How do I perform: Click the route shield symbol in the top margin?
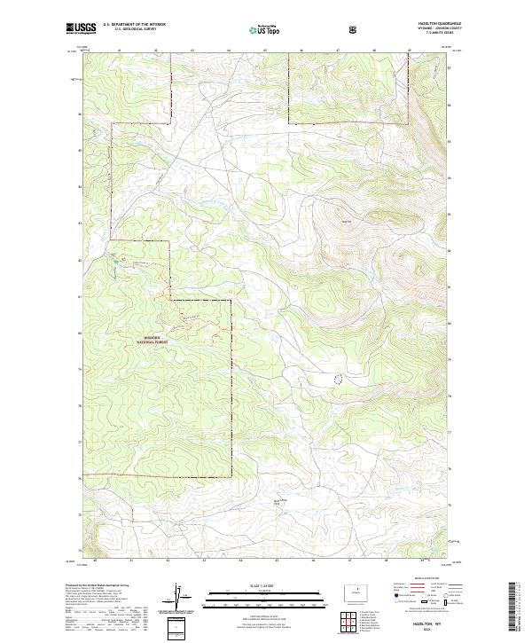[x=353, y=30]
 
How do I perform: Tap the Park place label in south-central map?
[x=281, y=502]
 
